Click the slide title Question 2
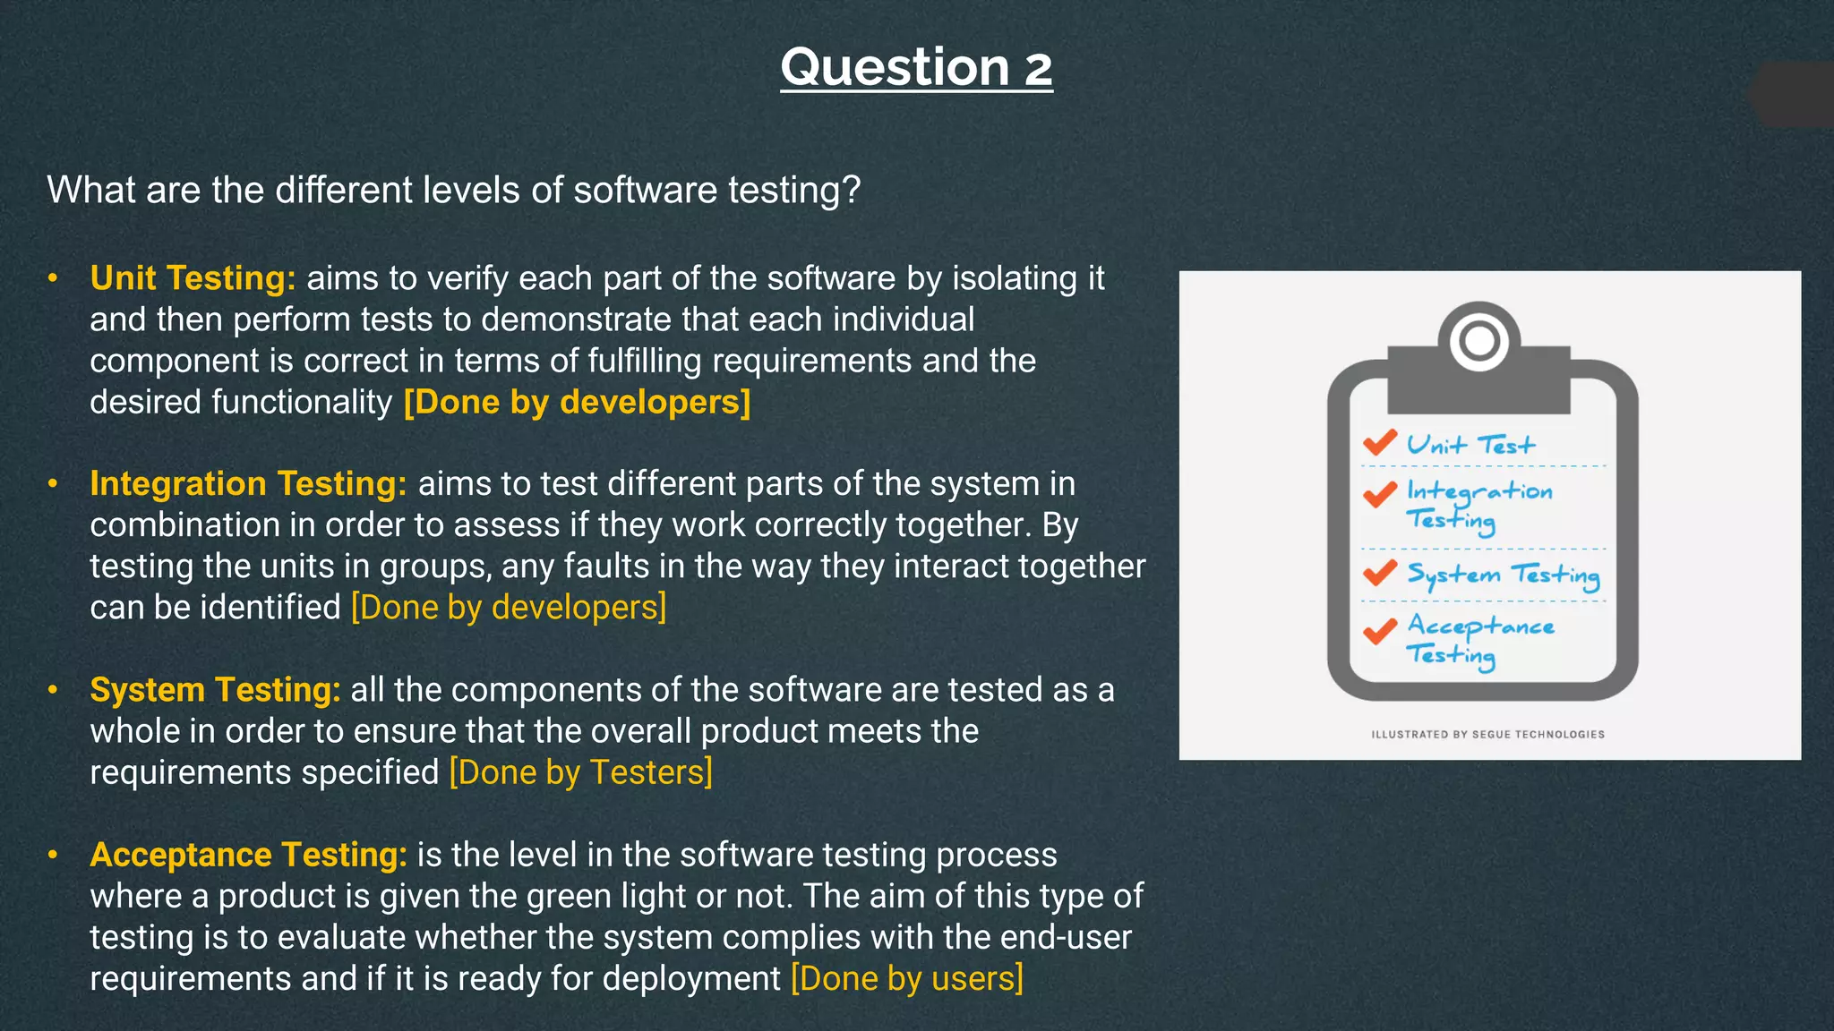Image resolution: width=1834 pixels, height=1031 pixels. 916,68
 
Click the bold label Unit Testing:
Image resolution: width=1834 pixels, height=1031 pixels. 193,278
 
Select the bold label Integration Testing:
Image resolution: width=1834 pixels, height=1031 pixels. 248,484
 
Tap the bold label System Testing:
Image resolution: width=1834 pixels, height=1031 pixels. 215,690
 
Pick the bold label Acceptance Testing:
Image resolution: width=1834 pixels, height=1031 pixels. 248,855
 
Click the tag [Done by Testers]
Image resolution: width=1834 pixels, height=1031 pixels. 580,772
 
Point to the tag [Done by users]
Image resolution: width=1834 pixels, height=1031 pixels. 906,978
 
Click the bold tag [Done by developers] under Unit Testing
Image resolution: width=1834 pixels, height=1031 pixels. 577,402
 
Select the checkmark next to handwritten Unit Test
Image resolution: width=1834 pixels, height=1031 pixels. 1379,442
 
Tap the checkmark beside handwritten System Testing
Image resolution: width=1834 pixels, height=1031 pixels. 1379,572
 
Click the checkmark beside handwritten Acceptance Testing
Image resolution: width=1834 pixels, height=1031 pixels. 1379,631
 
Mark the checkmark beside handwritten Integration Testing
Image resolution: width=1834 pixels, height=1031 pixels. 1379,494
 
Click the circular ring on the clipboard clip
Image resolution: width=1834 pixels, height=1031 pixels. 1478,340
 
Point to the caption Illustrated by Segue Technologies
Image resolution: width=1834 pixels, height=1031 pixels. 1487,735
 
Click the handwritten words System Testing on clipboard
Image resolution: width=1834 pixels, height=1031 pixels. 1503,575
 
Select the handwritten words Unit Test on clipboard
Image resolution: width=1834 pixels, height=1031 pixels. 1470,445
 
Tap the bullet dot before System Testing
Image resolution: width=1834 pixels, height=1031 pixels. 53,690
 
